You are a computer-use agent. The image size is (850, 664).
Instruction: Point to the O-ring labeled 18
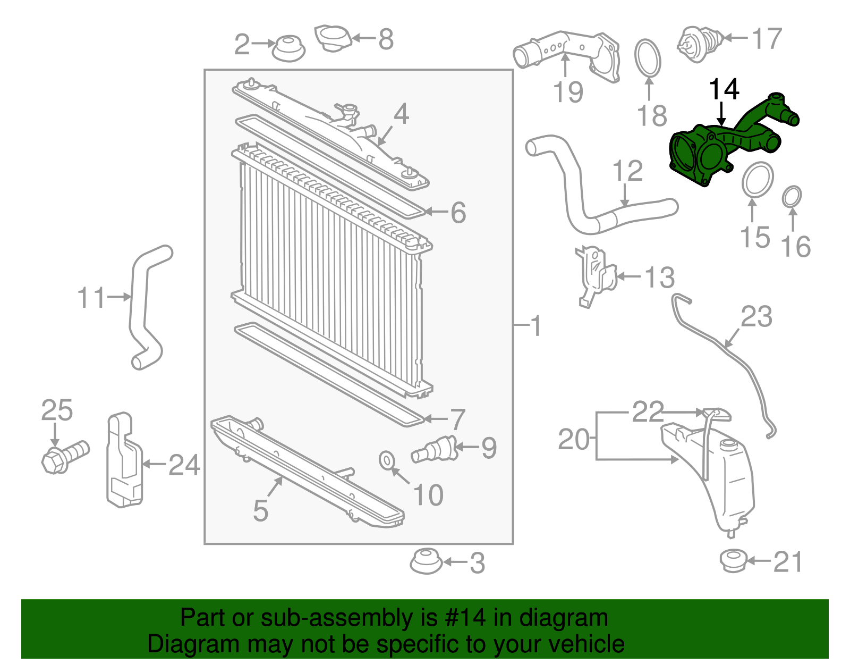(648, 58)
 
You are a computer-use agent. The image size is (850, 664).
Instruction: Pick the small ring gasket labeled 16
(792, 196)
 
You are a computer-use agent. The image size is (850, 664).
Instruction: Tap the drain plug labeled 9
(435, 450)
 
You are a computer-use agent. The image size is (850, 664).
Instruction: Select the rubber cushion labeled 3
(426, 561)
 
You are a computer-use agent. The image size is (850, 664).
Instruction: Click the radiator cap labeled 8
(333, 38)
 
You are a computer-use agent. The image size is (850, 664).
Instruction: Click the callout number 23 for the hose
(756, 317)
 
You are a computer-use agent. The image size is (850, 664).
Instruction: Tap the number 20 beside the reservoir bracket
(574, 440)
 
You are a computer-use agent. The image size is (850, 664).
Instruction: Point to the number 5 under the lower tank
(260, 510)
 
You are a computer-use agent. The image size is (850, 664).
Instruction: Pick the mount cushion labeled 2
(288, 48)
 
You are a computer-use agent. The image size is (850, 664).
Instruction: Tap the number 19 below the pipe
(568, 92)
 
